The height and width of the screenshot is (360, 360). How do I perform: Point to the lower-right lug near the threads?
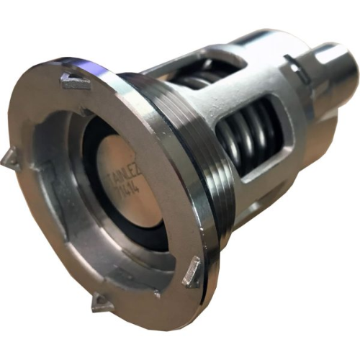click(x=192, y=273)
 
